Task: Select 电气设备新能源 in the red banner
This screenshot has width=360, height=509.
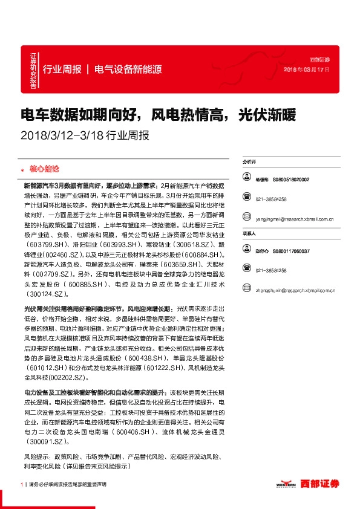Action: click(x=128, y=69)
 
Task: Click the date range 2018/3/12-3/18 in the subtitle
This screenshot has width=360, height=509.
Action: click(x=62, y=135)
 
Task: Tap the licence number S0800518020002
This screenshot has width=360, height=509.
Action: click(x=291, y=180)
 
